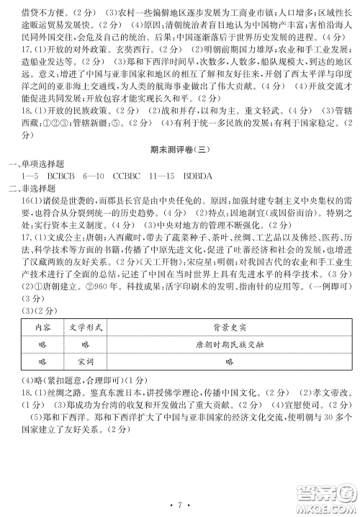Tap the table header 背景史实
(x=230, y=326)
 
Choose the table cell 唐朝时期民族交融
(x=230, y=344)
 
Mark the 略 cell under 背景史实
(x=230, y=362)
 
